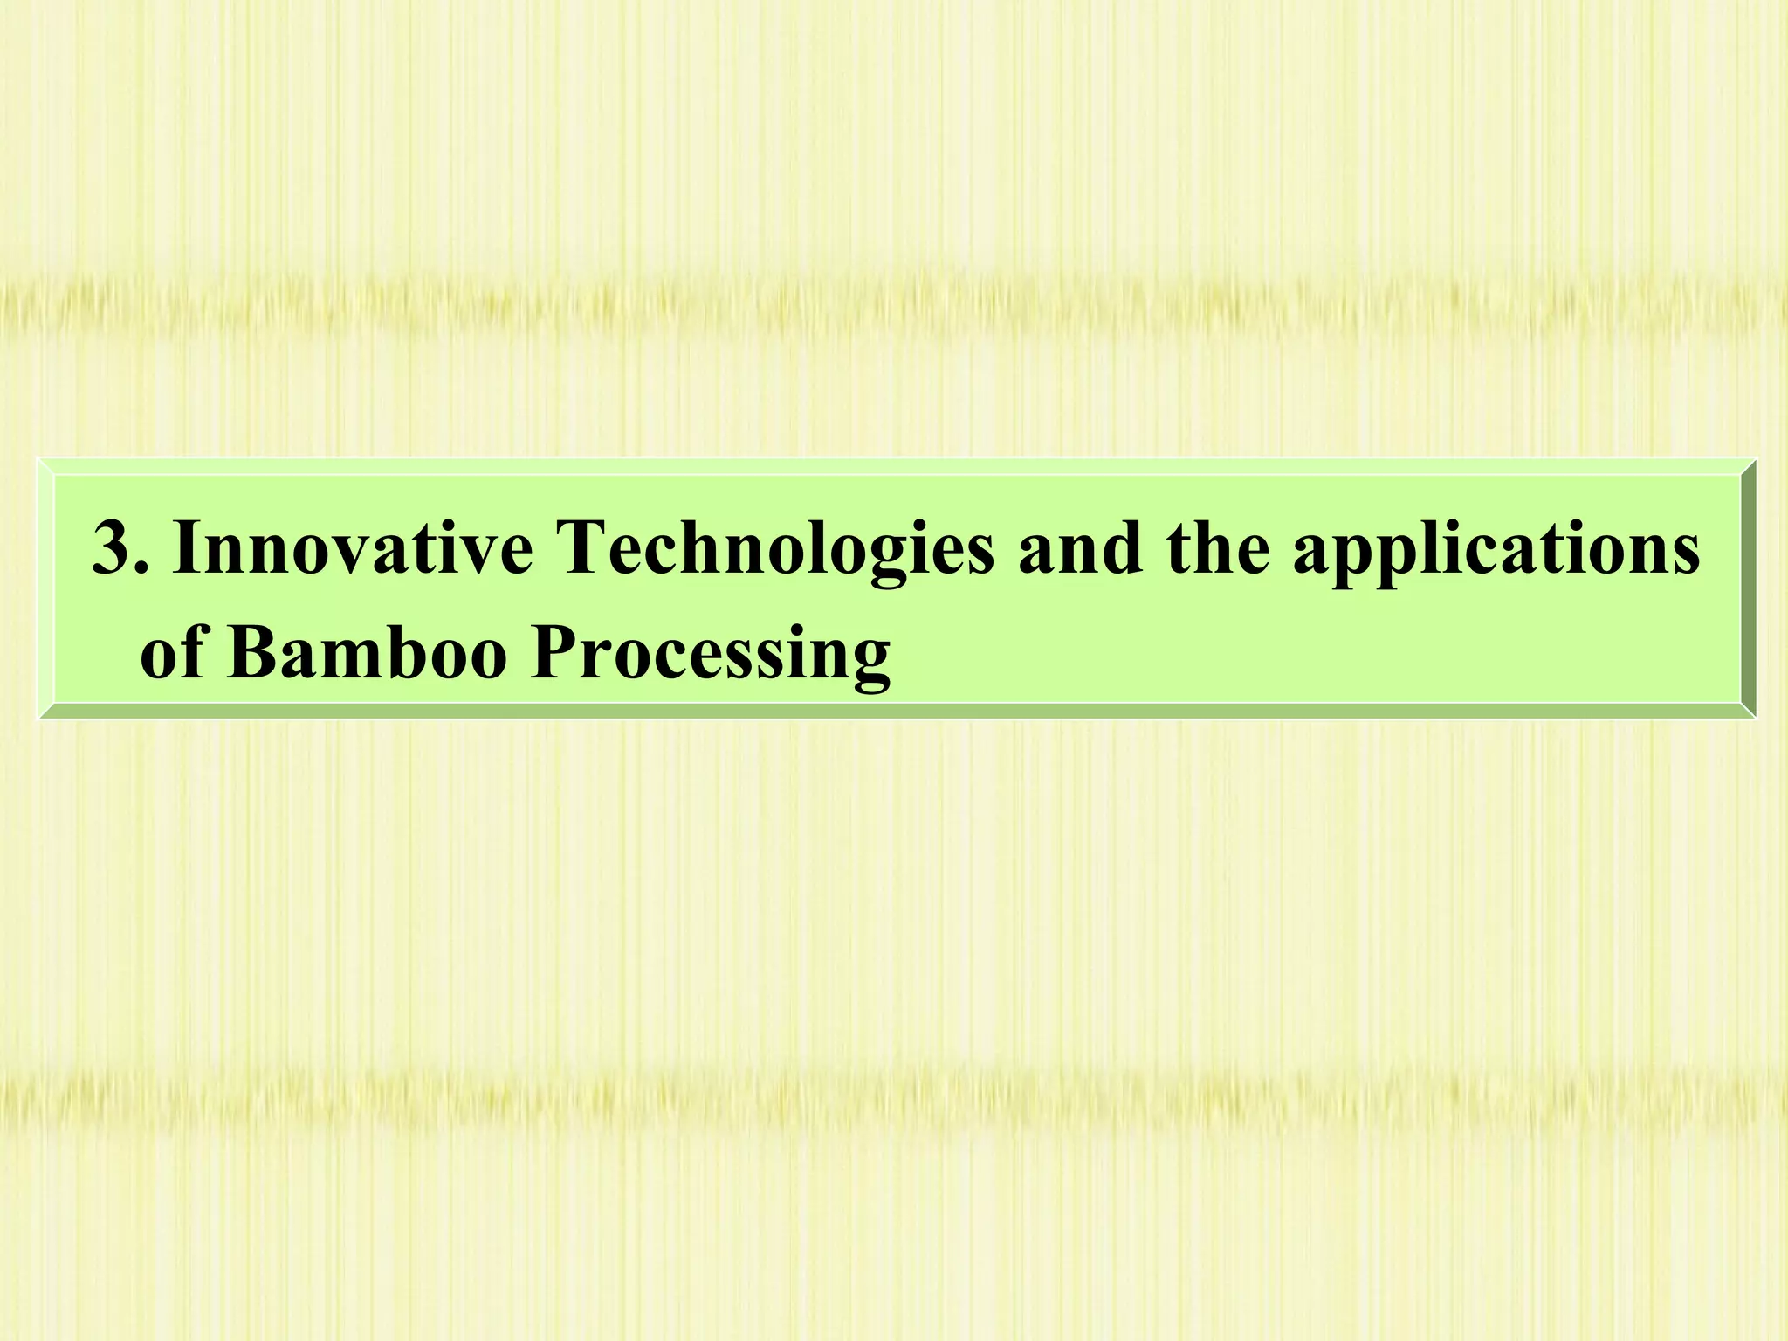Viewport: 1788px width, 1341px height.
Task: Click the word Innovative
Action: pos(353,548)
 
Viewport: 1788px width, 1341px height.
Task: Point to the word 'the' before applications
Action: pos(1218,548)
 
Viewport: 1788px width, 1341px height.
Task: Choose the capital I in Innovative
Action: pos(187,548)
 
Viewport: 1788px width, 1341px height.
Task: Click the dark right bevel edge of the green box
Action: pos(1747,588)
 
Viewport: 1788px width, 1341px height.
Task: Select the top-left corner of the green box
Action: pos(40,460)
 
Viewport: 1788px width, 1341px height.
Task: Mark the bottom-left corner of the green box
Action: pos(40,717)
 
